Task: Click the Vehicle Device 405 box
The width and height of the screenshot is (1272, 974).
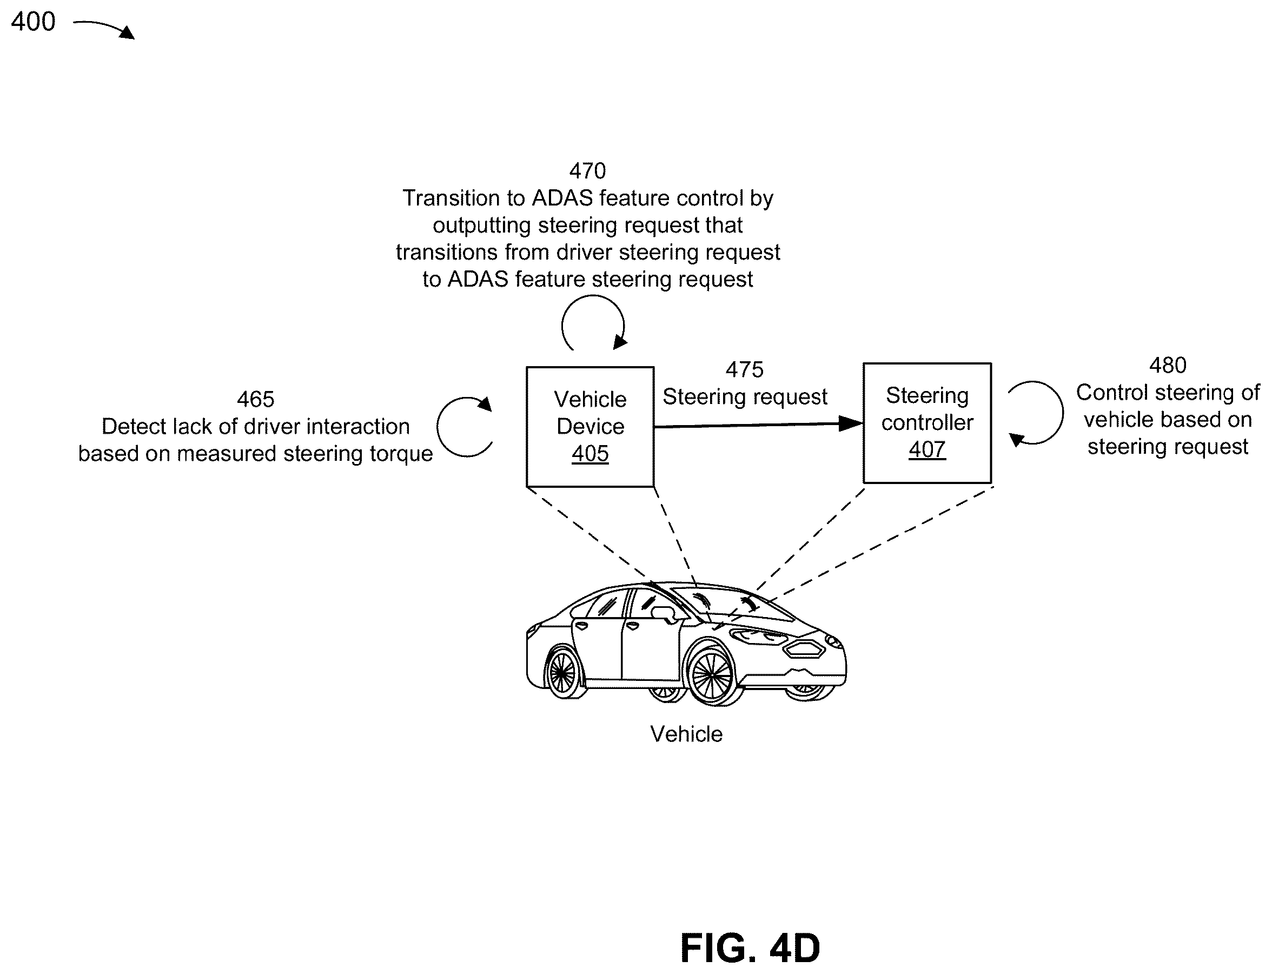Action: tap(590, 427)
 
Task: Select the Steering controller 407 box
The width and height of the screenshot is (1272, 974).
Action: tap(927, 423)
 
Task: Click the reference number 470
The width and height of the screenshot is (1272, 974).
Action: tap(587, 171)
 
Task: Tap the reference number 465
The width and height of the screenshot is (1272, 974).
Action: tap(256, 400)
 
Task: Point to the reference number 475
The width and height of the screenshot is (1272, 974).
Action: tap(744, 370)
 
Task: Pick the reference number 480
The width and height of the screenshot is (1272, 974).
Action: tap(1168, 365)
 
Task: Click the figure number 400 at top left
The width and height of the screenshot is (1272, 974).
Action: tap(33, 22)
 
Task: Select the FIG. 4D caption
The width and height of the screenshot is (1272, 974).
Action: tap(750, 948)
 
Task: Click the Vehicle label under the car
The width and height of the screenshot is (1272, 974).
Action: tap(686, 734)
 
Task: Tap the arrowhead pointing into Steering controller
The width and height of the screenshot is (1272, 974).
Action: tap(851, 424)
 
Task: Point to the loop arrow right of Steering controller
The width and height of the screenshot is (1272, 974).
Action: tap(1062, 412)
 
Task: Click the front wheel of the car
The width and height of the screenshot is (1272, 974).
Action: tap(712, 675)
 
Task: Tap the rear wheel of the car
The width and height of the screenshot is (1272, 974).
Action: tap(562, 673)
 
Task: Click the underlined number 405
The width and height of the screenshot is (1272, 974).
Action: tap(590, 454)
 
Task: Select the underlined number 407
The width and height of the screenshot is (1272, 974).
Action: tap(927, 450)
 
